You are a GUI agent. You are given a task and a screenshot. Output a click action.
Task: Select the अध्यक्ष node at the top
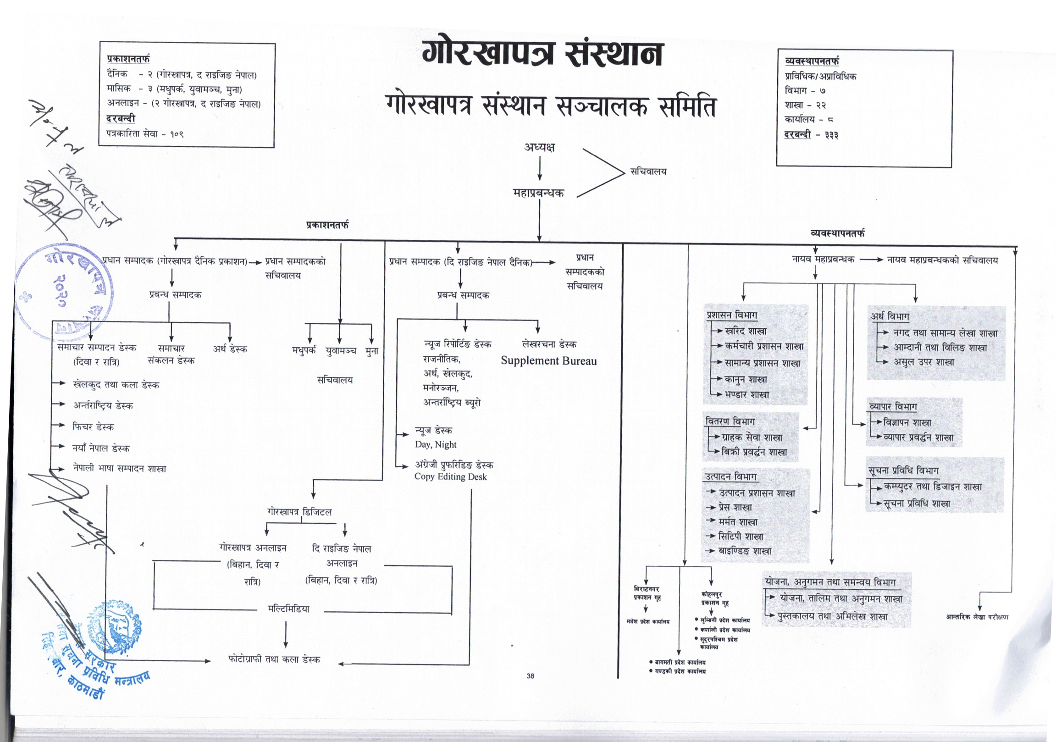tap(540, 148)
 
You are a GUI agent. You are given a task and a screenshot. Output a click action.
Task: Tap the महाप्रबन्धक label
tap(538, 193)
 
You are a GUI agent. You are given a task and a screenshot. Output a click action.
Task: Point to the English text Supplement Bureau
tap(548, 360)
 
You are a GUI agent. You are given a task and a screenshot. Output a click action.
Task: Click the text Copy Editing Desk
tap(450, 476)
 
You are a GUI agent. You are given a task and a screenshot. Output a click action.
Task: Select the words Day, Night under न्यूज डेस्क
tap(435, 444)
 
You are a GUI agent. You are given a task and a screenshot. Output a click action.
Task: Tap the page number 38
tap(531, 676)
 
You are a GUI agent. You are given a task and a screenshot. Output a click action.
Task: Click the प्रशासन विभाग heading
tap(732, 315)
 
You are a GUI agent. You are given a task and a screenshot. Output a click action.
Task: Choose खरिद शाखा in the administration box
tap(745, 331)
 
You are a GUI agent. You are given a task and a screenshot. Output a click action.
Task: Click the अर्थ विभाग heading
tap(890, 316)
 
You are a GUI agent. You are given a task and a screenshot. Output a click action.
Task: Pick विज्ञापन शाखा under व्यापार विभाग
tap(907, 422)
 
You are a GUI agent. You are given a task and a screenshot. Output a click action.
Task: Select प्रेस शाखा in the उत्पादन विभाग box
tap(735, 507)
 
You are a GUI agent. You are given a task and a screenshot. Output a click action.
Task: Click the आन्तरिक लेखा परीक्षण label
tap(977, 617)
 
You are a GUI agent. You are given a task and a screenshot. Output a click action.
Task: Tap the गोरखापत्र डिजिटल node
tap(299, 512)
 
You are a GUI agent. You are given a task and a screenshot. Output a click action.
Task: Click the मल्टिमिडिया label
tap(288, 609)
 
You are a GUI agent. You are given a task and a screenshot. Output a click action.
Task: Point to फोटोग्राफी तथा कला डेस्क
tap(274, 659)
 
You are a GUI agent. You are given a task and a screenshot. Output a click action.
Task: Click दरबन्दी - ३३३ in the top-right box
tap(811, 135)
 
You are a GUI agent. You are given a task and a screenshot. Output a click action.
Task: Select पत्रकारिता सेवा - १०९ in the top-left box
tap(145, 134)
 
